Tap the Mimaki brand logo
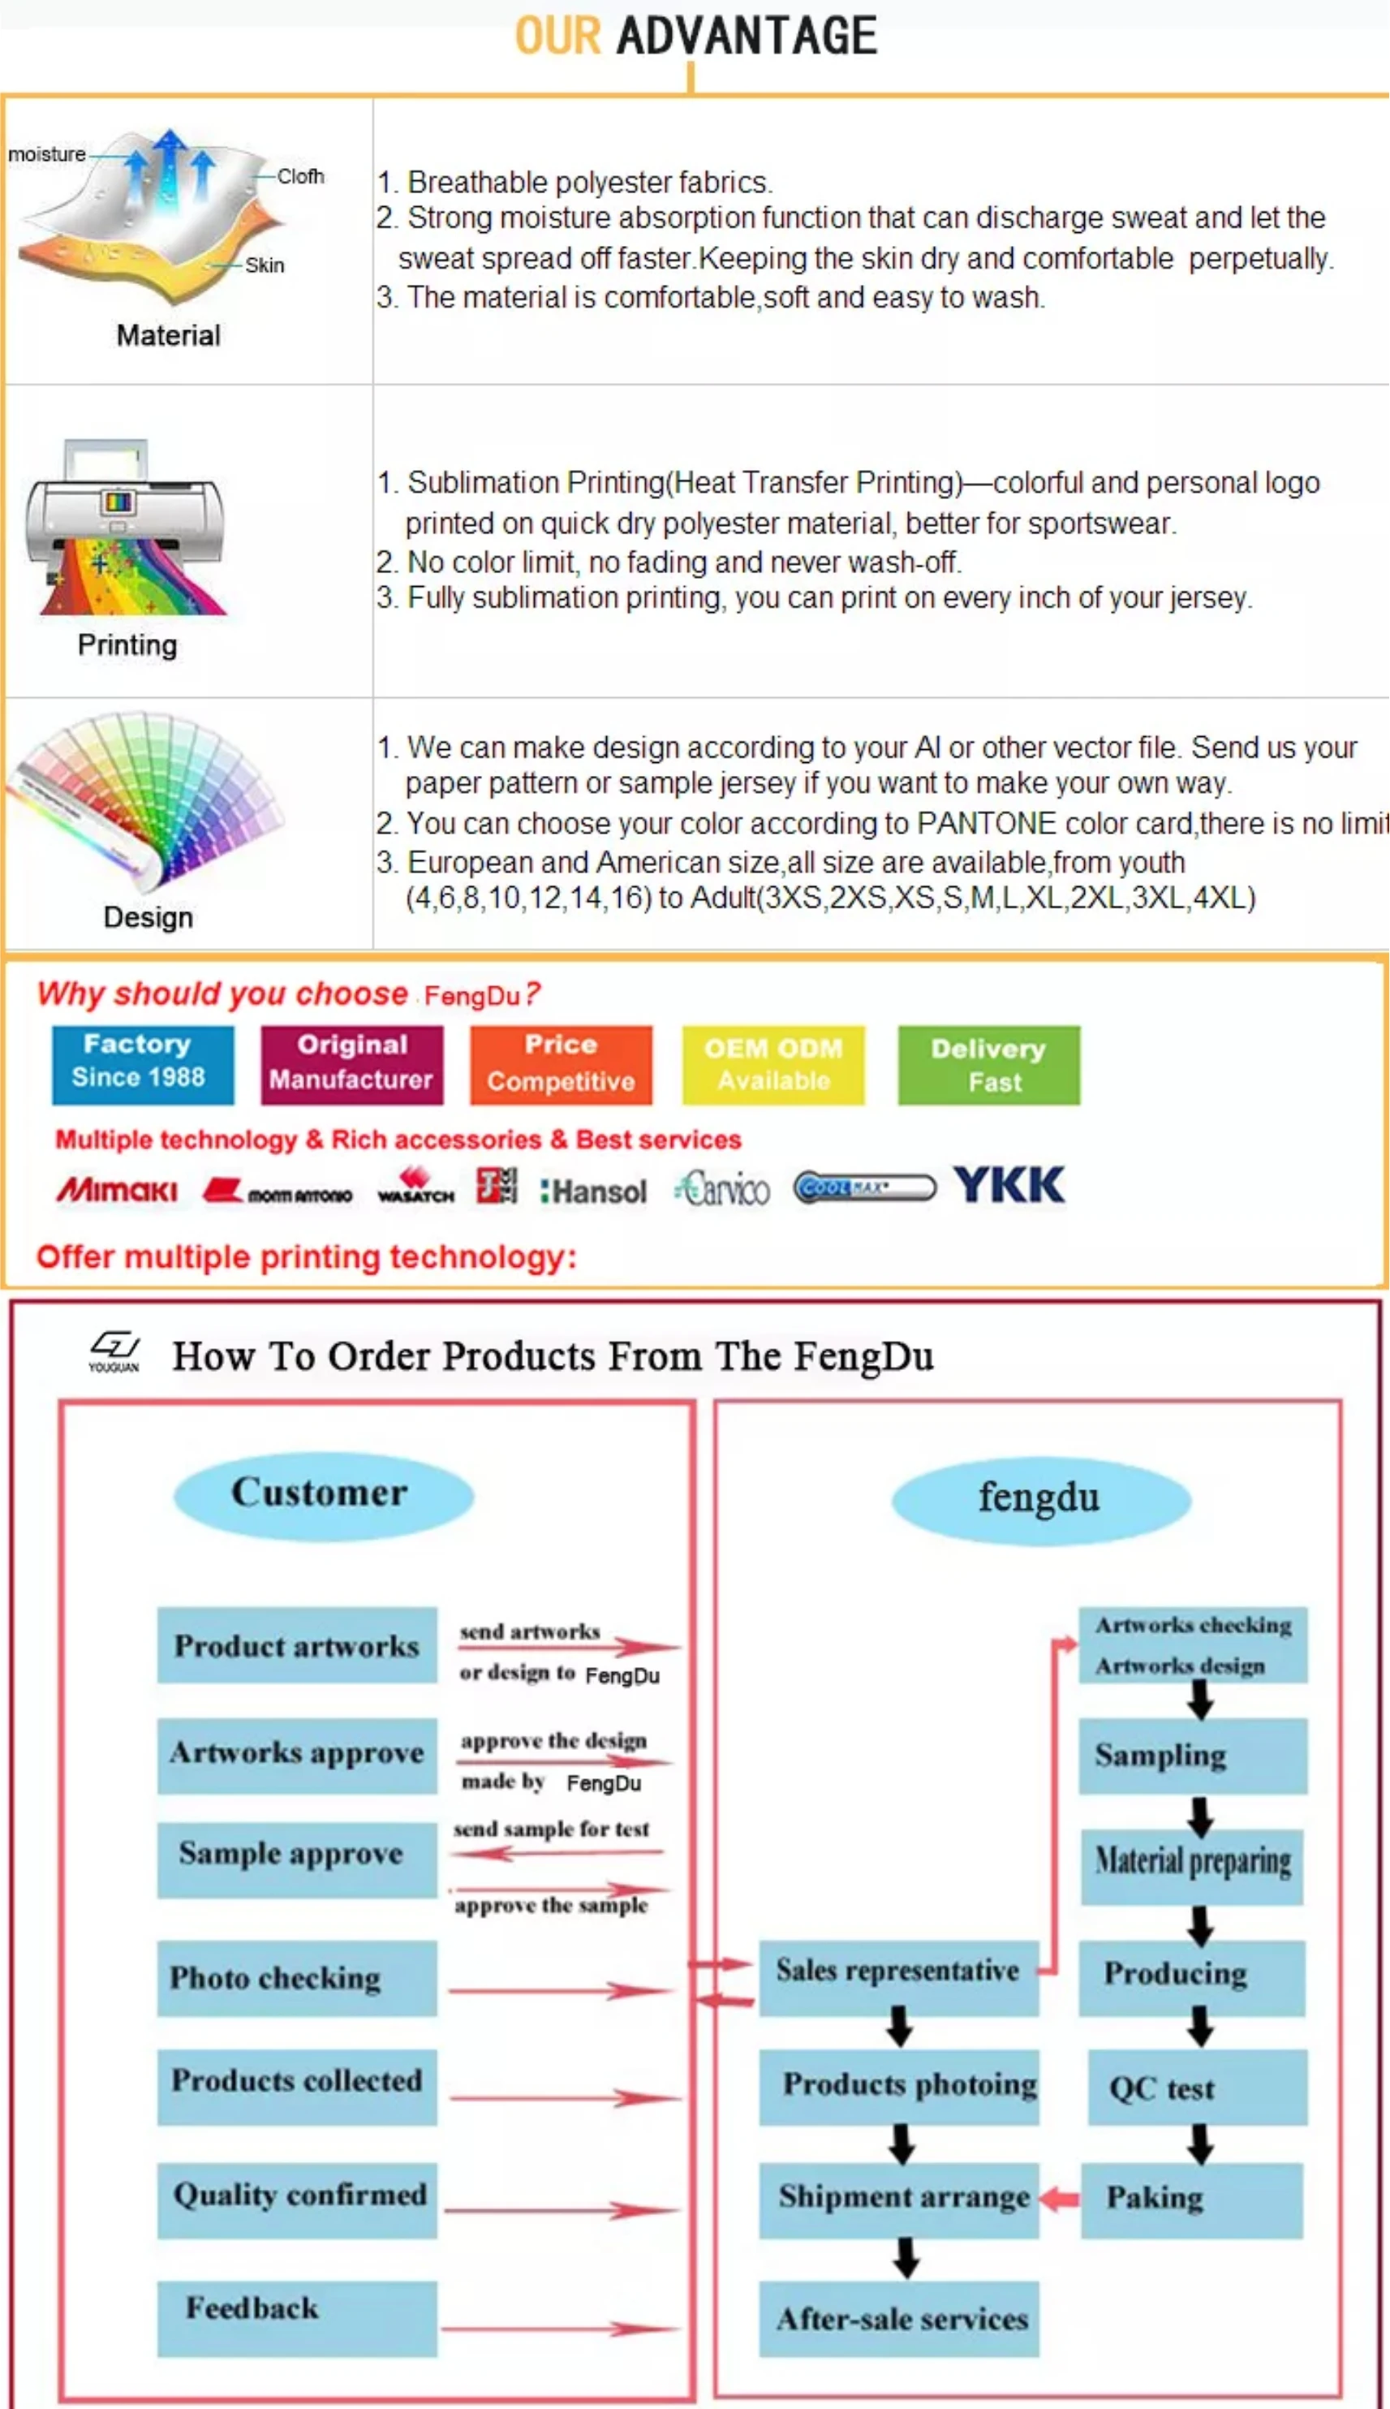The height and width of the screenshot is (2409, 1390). click(x=117, y=1190)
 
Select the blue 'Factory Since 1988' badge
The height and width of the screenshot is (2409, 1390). click(x=142, y=1063)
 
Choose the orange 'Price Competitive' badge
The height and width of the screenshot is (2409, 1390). click(x=561, y=1063)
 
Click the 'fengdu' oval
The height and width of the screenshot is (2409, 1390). click(x=1039, y=1499)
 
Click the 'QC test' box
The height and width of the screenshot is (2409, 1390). click(x=1196, y=2088)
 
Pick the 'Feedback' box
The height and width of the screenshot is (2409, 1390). click(x=296, y=2316)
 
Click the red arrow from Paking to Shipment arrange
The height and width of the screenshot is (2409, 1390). click(x=1059, y=2198)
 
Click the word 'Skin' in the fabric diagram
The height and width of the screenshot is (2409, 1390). click(x=265, y=265)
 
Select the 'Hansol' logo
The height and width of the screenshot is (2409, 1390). click(x=593, y=1192)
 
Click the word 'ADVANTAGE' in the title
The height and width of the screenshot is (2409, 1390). click(x=747, y=37)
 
